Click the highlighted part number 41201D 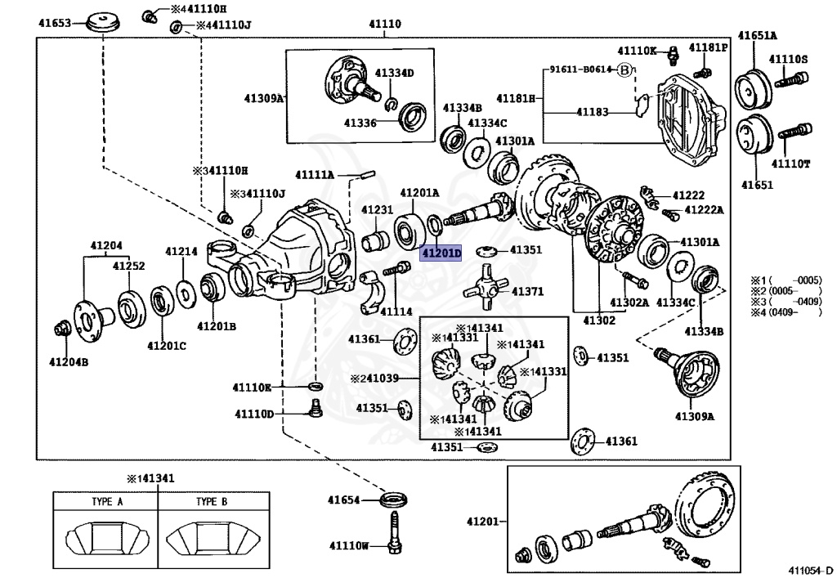pyautogui.click(x=441, y=253)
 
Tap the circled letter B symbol pyautogui.click(x=624, y=70)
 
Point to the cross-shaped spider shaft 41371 pyautogui.click(x=485, y=287)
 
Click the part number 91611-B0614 pyautogui.click(x=580, y=70)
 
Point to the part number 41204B pyautogui.click(x=68, y=362)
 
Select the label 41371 pyautogui.click(x=527, y=292)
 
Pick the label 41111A pyautogui.click(x=315, y=175)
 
